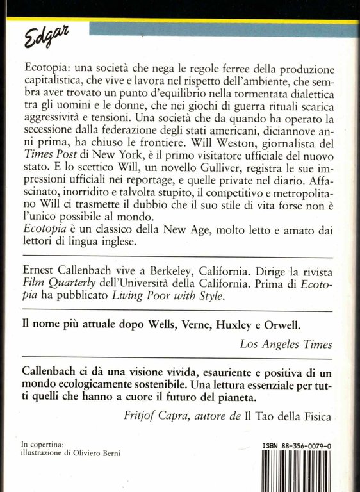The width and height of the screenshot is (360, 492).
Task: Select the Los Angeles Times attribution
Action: coord(286,344)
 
